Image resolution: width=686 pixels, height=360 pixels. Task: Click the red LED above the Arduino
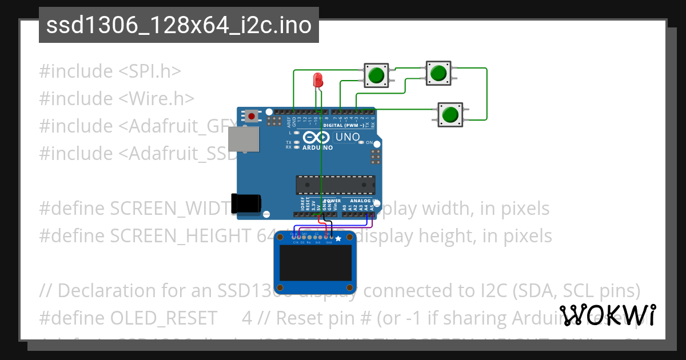tap(318, 79)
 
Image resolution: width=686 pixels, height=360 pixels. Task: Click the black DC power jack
tap(246, 204)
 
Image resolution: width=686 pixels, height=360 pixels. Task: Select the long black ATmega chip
tap(336, 185)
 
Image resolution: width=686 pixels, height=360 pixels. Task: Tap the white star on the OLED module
tap(338, 238)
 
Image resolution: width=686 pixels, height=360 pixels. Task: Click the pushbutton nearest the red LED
tap(376, 75)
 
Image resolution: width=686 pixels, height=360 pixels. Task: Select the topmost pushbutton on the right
tap(438, 73)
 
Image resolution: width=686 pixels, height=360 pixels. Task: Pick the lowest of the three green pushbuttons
tap(450, 114)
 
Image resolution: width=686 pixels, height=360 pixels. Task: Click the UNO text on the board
tap(347, 137)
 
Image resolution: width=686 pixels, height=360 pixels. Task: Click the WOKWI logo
tap(608, 315)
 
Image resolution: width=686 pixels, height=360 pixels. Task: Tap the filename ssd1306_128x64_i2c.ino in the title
tap(178, 25)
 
